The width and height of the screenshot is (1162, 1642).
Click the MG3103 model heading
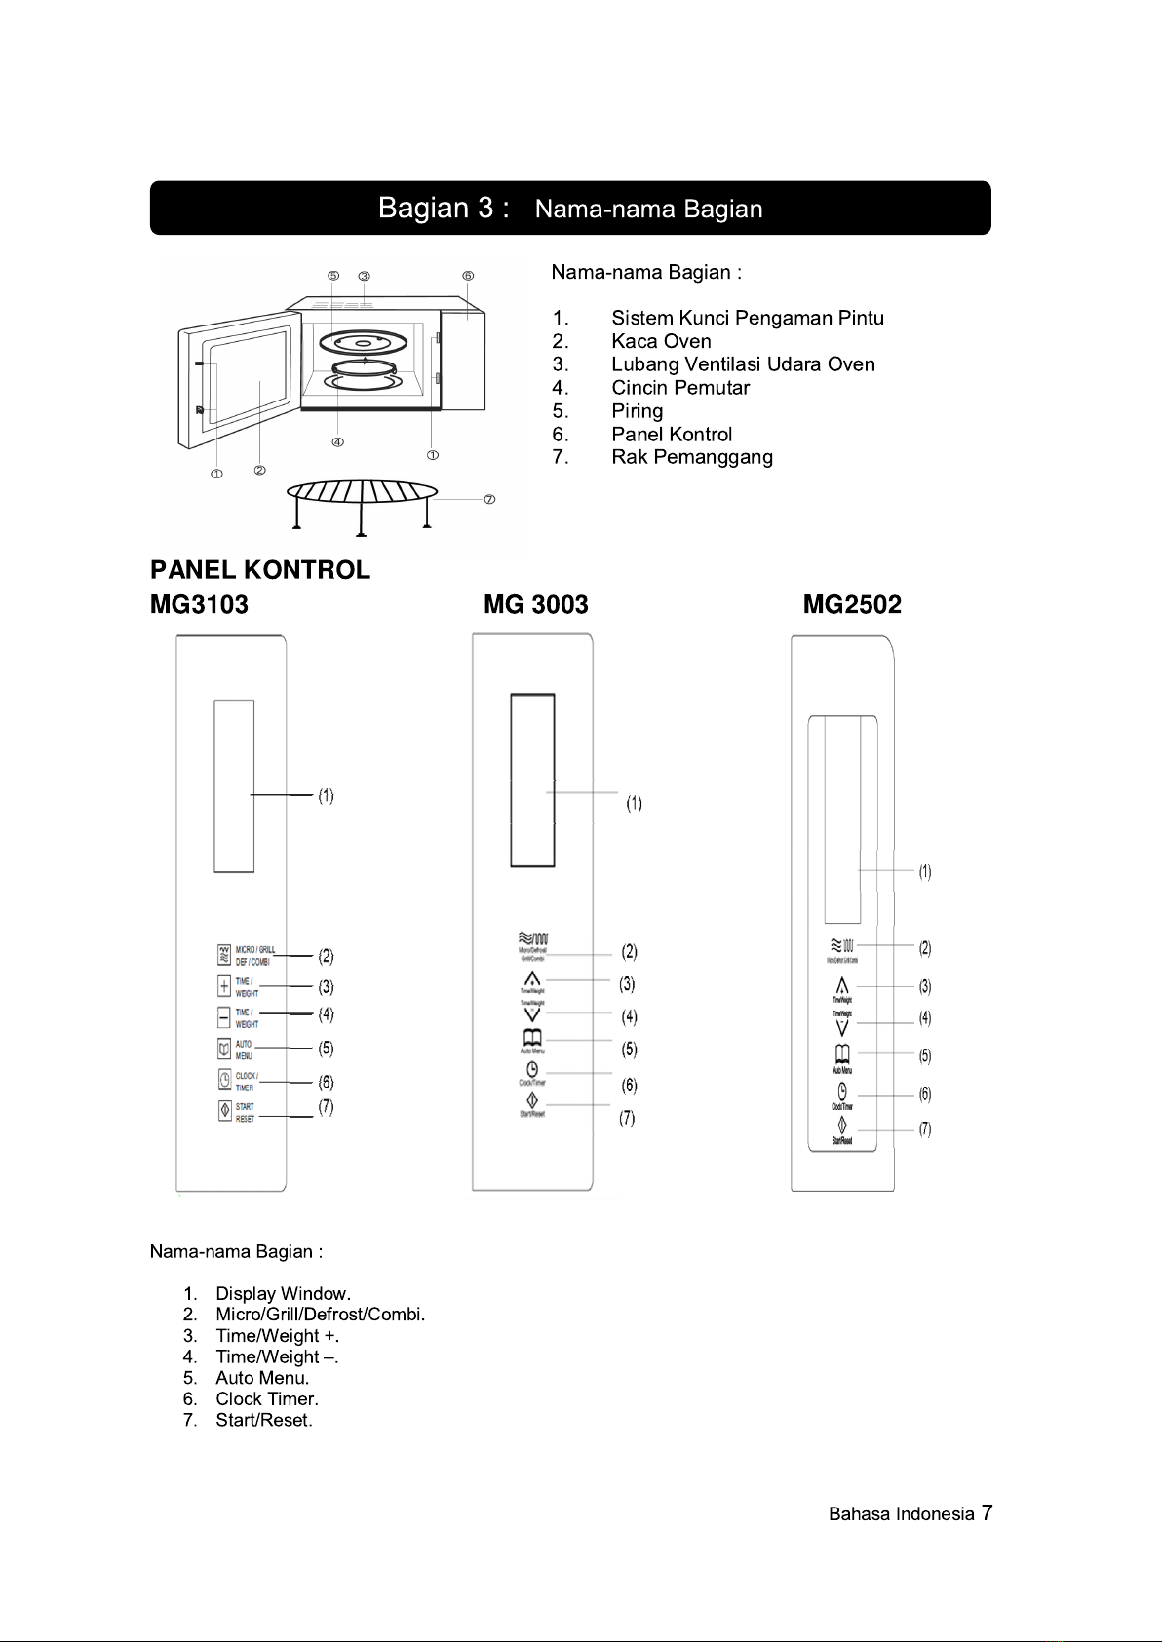point(199,605)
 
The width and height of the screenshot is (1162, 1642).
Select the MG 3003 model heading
point(536,605)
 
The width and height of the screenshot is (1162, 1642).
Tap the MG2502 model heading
point(852,605)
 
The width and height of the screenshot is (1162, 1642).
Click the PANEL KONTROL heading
point(260,570)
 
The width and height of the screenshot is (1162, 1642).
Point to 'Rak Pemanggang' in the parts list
point(692,457)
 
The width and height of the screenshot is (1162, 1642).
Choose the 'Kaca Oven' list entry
point(661,341)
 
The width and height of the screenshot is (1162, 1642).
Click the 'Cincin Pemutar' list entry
point(680,388)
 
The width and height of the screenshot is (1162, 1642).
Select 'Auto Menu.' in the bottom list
point(262,1378)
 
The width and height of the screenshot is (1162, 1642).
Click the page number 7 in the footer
point(987,1512)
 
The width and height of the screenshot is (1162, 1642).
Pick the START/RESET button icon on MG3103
point(224,1112)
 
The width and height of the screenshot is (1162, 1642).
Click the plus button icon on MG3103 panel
point(224,986)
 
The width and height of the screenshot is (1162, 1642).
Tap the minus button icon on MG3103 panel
point(224,1017)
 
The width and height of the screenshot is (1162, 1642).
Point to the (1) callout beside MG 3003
point(634,804)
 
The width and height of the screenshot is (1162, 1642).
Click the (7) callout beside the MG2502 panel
point(925,1129)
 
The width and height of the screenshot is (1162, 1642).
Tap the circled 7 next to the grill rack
point(489,500)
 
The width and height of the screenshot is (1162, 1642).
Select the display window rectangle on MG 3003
point(532,780)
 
